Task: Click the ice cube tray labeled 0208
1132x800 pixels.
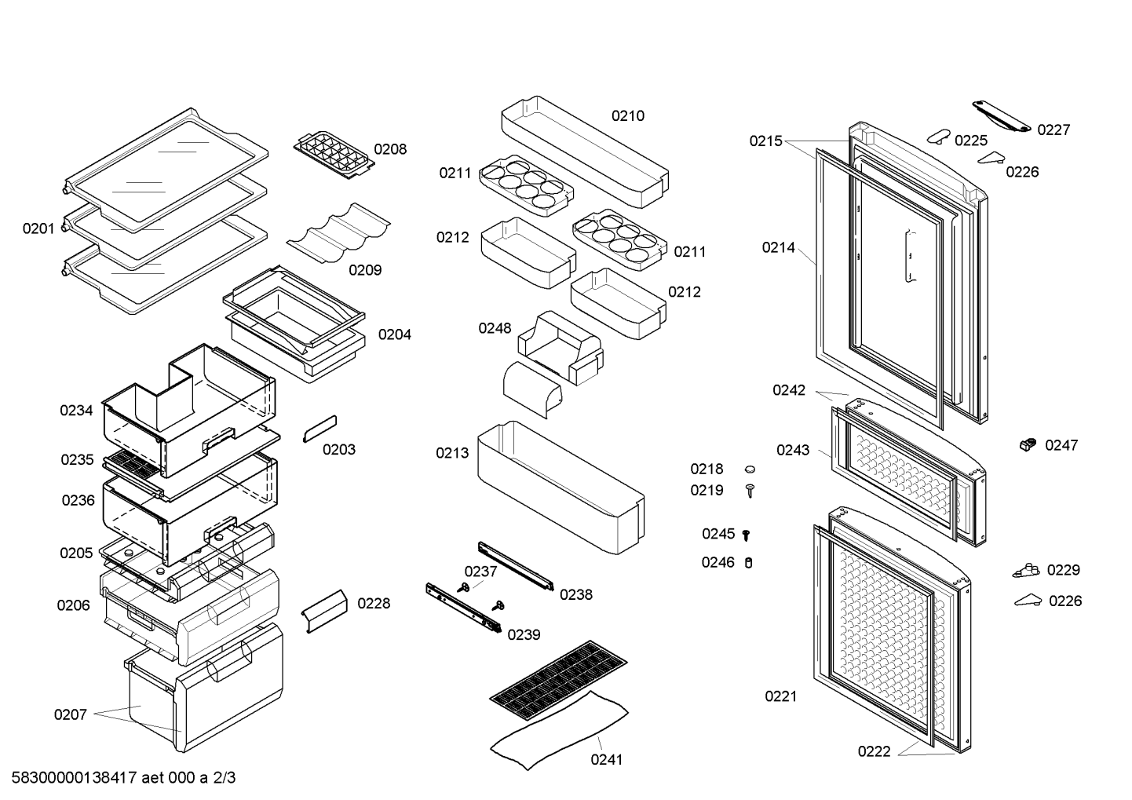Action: coord(334,155)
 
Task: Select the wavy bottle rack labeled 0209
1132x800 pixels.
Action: coord(338,233)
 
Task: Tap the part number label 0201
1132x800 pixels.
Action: coord(38,229)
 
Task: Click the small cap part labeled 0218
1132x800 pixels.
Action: coord(750,469)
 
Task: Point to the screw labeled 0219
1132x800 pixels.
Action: coord(750,491)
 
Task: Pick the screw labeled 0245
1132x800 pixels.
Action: coord(746,535)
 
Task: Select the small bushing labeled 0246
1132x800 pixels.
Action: coord(749,562)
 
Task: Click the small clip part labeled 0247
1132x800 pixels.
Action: coord(1028,444)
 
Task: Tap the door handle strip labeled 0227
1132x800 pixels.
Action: coord(1002,116)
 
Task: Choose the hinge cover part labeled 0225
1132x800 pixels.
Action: coord(939,137)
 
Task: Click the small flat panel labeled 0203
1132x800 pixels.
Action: coord(320,429)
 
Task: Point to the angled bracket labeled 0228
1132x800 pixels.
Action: coord(324,611)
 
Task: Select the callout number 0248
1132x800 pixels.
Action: coord(495,328)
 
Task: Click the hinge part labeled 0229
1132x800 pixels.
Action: coord(1026,571)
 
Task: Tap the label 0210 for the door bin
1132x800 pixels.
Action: coord(628,116)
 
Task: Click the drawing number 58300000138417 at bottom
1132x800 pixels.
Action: coord(75,778)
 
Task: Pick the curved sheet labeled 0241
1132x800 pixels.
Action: coord(560,730)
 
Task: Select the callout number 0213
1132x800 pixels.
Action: coord(452,453)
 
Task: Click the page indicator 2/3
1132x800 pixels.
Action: coord(224,778)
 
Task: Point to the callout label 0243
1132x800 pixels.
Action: coord(793,451)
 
